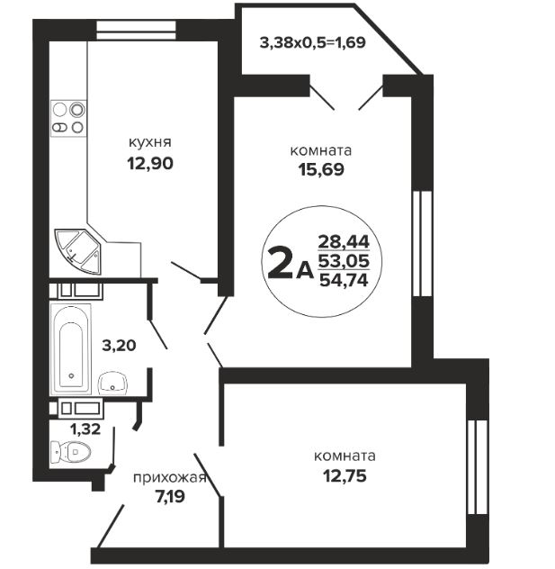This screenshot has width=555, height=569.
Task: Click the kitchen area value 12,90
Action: coord(150,164)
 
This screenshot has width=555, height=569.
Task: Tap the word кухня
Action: coord(150,142)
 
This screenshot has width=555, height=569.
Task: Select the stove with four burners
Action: coord(68,118)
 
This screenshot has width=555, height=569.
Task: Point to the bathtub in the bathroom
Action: coord(71,349)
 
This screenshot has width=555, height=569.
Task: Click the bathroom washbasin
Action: coord(112,383)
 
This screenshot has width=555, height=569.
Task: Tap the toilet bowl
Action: coord(70,452)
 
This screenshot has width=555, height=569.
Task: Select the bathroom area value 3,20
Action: coord(119,346)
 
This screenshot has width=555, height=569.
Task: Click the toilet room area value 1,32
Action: coord(85,429)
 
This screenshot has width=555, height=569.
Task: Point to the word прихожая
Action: coord(170,478)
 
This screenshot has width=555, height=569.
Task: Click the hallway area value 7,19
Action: coord(170,496)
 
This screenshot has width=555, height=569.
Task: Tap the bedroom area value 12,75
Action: coord(345,475)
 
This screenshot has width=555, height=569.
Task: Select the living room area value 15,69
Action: coord(321,169)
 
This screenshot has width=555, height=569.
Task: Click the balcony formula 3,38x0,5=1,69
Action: coord(312,43)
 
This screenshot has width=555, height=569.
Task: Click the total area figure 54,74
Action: coord(344,280)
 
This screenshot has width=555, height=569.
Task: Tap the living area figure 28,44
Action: coord(344,241)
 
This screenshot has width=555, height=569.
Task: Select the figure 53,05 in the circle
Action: coord(344,261)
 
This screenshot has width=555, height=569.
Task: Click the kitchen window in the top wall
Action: coord(137,30)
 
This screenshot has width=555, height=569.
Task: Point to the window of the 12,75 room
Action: coord(478,467)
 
